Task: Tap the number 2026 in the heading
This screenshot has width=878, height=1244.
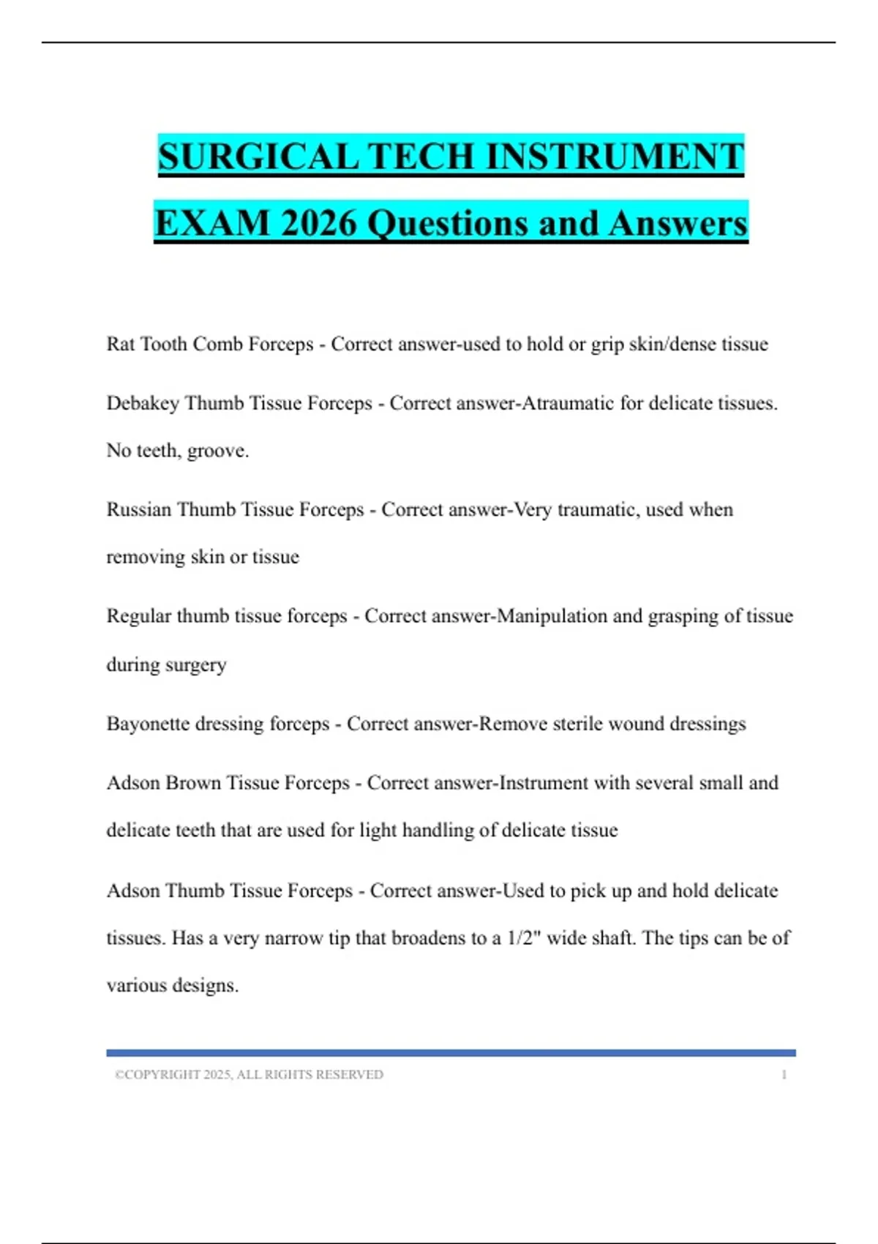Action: (318, 223)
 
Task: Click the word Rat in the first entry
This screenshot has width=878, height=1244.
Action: (120, 344)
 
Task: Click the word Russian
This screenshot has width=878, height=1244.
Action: (139, 509)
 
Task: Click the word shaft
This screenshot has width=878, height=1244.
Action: (613, 938)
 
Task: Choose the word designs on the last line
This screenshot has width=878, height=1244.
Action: (206, 986)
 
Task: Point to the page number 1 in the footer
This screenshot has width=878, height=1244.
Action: (784, 1075)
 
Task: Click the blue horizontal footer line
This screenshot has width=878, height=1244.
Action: (451, 1053)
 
